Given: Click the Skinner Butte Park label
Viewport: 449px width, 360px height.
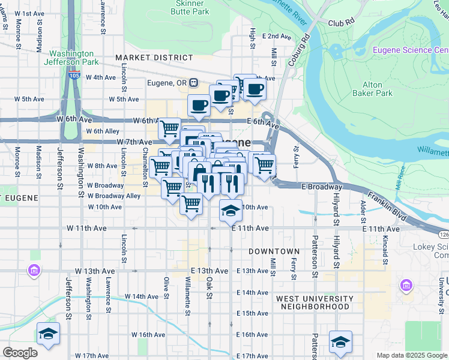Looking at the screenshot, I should (173, 7).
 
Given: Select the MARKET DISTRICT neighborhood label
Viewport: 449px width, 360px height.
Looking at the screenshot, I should (154, 58).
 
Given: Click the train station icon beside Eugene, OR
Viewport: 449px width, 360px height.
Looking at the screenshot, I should (193, 82).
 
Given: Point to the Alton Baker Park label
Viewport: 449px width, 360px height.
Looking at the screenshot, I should (377, 89).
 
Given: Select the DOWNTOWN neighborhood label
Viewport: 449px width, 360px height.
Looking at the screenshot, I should (274, 251).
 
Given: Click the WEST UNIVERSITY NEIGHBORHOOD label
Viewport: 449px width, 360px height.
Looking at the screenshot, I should (315, 302).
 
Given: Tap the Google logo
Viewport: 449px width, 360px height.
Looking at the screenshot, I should (20, 353).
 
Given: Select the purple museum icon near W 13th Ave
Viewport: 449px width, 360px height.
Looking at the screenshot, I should (34, 271).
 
